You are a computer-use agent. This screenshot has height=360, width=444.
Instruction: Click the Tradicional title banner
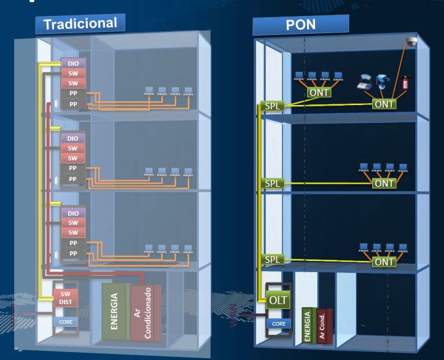80,23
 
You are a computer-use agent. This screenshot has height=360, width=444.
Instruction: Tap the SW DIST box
65,298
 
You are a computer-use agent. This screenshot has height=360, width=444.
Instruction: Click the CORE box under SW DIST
65,321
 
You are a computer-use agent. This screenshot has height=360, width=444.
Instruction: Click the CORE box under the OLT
278,323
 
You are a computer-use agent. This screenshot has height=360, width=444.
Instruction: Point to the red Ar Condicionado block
146,313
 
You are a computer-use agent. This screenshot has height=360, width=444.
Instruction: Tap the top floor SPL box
272,106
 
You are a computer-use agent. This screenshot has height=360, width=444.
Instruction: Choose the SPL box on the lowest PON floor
272,260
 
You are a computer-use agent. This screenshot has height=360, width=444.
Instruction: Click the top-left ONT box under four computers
319,92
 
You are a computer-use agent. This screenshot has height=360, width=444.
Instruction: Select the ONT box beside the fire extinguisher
384,104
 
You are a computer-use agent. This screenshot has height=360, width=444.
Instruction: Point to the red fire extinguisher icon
405,82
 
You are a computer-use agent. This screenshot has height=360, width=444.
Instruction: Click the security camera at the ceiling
411,42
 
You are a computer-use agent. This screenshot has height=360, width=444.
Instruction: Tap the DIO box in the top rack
73,63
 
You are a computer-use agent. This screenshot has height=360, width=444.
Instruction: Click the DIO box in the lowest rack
73,213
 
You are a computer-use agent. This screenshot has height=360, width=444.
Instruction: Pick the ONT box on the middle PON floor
384,183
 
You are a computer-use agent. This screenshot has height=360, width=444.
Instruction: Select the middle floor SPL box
272,183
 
